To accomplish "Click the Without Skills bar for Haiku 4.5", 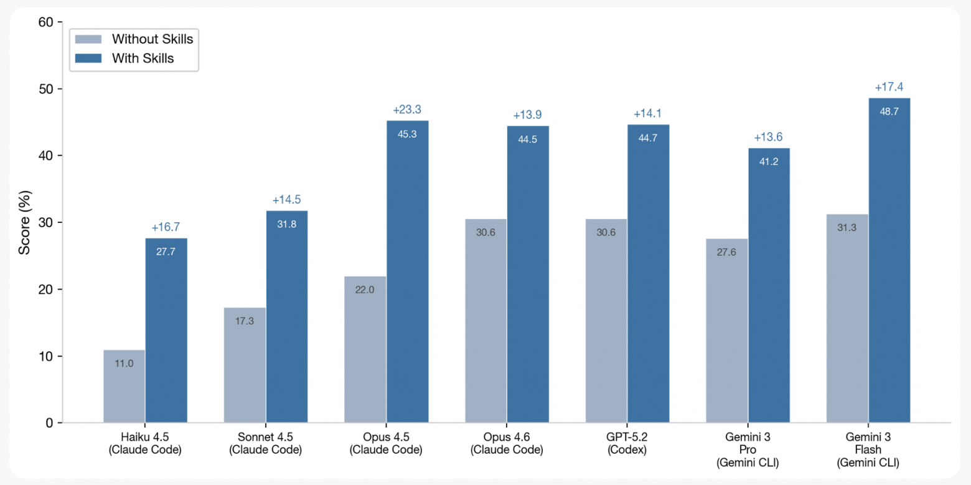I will point(124,387).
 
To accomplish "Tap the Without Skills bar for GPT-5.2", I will point(606,321).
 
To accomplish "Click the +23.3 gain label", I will point(407,110).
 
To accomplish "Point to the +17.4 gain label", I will point(889,87).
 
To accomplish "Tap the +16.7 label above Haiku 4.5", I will point(166,228).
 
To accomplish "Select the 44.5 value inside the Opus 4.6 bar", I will point(528,139).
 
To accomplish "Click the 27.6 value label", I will point(726,252).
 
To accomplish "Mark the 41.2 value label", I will point(769,161).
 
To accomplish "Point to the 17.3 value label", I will point(245,321).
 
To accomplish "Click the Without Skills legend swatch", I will point(88,39).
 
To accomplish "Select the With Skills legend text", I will point(143,59).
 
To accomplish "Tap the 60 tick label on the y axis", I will point(46,22).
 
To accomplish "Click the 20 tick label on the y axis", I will point(46,290).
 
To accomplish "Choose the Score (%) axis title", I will point(24,222).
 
